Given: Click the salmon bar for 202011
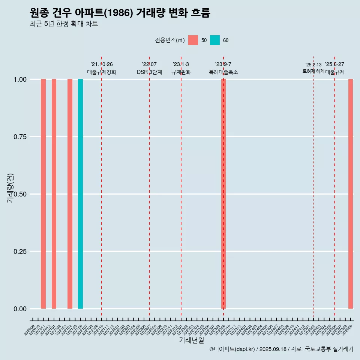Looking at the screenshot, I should (43, 194).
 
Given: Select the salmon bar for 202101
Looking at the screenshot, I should (54, 194).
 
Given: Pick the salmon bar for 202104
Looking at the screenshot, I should (70, 194).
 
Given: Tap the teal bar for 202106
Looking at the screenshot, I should (80, 194).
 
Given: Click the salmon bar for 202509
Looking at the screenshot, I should (351, 194).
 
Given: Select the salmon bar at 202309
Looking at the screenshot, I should (223, 194).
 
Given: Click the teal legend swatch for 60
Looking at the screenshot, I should (215, 40).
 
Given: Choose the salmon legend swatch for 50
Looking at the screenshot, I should (193, 40).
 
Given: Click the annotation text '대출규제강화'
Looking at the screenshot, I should (102, 72).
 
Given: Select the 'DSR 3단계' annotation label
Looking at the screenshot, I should (149, 72).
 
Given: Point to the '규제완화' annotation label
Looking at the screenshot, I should (181, 72).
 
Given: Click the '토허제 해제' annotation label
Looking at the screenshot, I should (313, 71).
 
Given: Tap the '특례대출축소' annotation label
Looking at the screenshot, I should (223, 72).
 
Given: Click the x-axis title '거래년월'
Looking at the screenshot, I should (191, 340).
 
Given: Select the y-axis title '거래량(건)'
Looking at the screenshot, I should (10, 187).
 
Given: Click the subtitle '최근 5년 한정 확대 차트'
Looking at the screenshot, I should (64, 24).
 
